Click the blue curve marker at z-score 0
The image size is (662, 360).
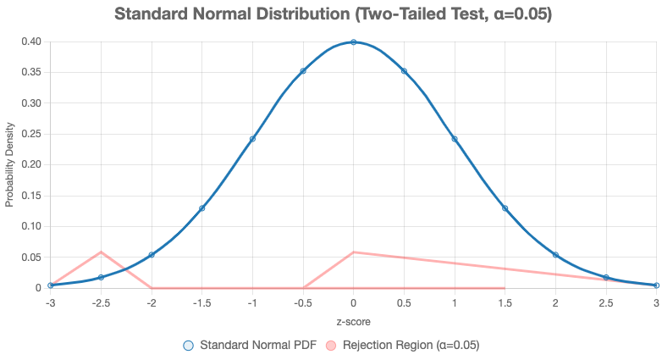click(353, 42)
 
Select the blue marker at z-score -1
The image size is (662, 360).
click(252, 139)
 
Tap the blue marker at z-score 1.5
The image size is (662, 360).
click(505, 208)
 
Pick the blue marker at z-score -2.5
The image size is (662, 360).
click(101, 277)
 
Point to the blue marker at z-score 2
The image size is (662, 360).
click(555, 255)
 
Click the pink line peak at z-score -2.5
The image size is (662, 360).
click(101, 252)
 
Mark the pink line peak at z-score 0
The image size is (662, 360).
click(353, 252)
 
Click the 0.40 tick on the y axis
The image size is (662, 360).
click(31, 42)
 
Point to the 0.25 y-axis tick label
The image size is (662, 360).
click(31, 134)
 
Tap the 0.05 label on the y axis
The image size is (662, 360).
click(31, 258)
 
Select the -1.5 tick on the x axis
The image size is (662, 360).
click(201, 303)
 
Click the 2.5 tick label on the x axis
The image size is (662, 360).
click(606, 303)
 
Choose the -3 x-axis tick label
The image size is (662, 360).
click(51, 303)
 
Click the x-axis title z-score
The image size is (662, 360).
click(353, 322)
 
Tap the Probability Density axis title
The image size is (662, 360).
click(9, 165)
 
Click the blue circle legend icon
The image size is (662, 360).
click(188, 346)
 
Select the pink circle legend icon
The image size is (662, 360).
click(331, 346)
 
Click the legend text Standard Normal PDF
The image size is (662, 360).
click(258, 346)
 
